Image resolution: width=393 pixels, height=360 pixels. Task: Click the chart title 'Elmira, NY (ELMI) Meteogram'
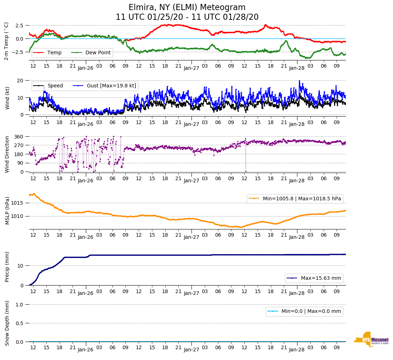(187, 8)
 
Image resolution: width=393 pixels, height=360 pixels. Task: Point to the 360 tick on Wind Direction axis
(19, 137)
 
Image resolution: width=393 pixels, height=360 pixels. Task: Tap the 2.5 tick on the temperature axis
(19, 26)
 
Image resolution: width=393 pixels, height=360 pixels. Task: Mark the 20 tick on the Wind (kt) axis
(21, 80)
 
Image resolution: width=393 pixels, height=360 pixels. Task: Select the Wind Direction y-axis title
(7, 154)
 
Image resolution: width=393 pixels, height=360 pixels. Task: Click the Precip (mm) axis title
(7, 267)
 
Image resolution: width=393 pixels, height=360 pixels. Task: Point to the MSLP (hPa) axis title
(7, 210)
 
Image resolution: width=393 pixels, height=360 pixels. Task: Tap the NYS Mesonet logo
(371, 340)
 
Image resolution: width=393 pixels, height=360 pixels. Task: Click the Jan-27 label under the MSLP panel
(191, 237)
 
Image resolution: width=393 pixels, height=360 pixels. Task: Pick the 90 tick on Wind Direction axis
(20, 163)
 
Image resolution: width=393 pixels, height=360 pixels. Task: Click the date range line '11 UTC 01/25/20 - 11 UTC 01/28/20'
(187, 17)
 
